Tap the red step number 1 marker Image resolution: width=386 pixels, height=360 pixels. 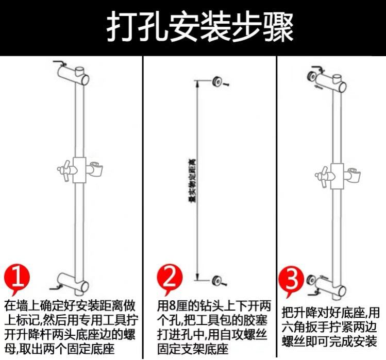click(18, 278)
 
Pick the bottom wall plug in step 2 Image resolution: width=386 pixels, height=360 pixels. click(218, 281)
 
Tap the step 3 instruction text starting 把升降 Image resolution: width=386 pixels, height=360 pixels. click(330, 327)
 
